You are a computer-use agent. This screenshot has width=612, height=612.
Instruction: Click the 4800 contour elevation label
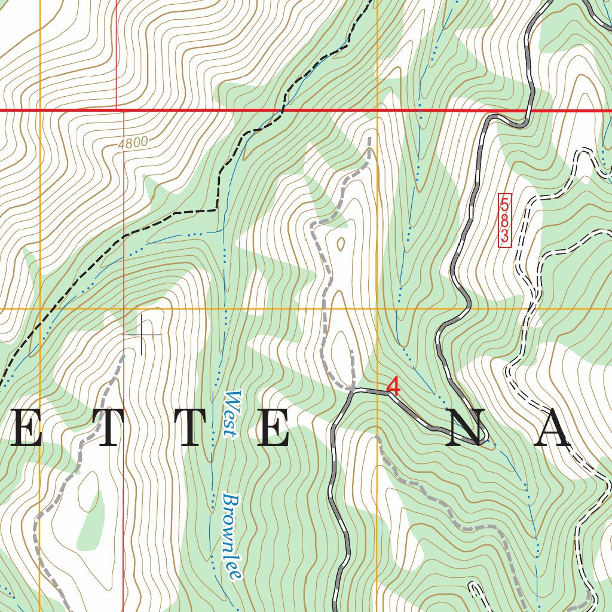point(132,143)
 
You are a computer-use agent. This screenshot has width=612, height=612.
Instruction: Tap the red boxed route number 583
point(504,219)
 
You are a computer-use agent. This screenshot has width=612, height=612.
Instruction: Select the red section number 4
point(393,385)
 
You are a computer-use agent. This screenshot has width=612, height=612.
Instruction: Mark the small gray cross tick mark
point(142,335)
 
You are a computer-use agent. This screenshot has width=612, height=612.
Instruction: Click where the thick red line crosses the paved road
point(527,111)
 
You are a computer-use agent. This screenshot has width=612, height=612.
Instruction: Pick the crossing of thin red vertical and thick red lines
point(117,111)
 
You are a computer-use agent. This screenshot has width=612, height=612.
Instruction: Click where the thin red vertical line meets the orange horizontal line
point(124,309)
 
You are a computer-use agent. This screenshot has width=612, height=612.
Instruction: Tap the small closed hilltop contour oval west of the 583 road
point(341,243)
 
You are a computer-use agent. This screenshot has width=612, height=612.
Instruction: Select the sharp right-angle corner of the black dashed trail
point(216,210)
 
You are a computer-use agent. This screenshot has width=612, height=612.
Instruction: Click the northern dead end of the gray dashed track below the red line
point(369,139)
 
